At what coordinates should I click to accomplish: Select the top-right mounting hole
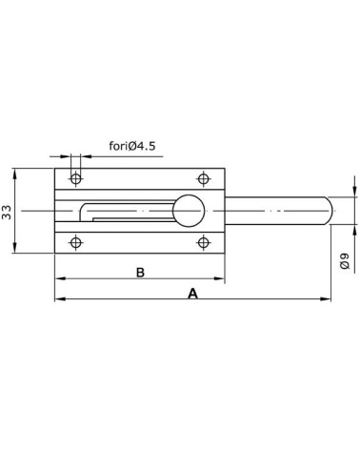pyautogui.click(x=203, y=177)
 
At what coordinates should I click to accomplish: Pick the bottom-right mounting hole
pyautogui.click(x=203, y=242)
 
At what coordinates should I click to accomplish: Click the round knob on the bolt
pyautogui.click(x=190, y=210)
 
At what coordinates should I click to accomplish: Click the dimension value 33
pyautogui.click(x=9, y=212)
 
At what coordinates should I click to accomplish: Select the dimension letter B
pyautogui.click(x=139, y=273)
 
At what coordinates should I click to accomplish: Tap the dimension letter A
pyautogui.click(x=192, y=294)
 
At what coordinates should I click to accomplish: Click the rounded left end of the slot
pyautogui.click(x=83, y=211)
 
